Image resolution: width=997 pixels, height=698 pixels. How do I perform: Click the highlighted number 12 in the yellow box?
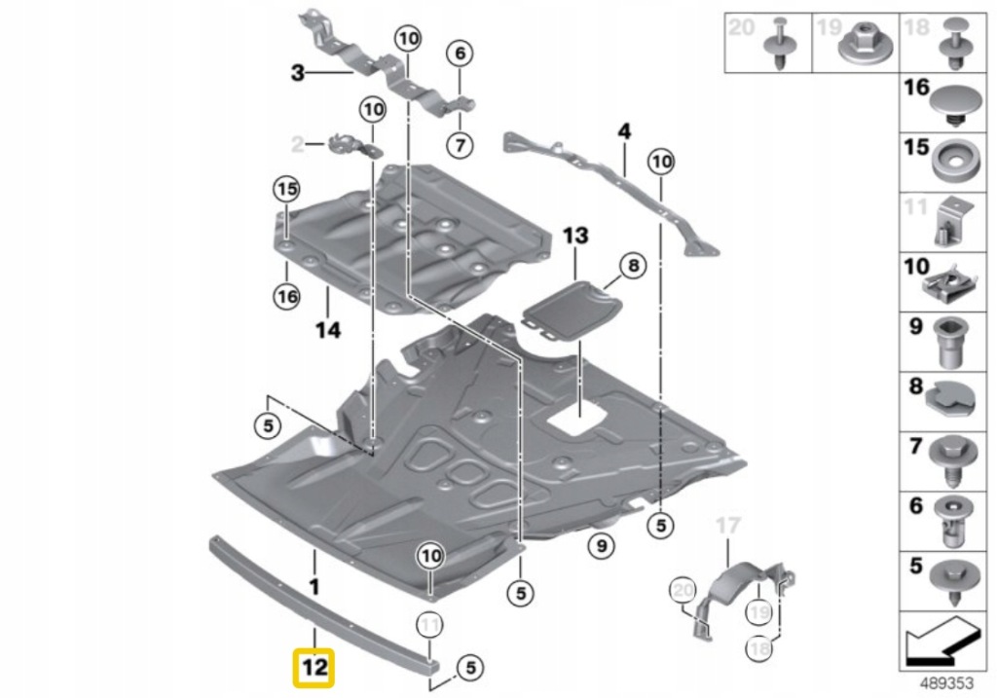(314, 668)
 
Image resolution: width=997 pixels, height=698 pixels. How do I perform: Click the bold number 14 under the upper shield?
(328, 330)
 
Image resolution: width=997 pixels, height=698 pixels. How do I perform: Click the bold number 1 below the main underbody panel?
(313, 586)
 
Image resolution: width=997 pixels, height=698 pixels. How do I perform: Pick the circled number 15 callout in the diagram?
(286, 189)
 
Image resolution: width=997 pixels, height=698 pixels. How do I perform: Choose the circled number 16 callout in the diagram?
(286, 297)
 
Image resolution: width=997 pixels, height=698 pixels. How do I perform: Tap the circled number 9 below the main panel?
(601, 547)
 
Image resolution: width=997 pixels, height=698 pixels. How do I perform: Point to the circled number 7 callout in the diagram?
(460, 145)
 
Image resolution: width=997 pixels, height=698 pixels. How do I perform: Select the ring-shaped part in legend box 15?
(957, 161)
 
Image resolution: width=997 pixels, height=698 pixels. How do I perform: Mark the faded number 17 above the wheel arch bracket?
(727, 527)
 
